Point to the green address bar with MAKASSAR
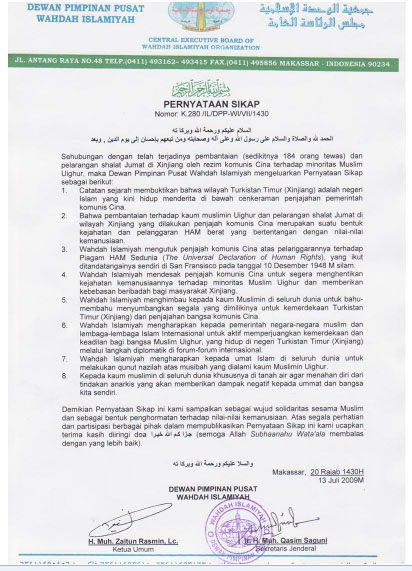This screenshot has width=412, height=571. tap(206, 61)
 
